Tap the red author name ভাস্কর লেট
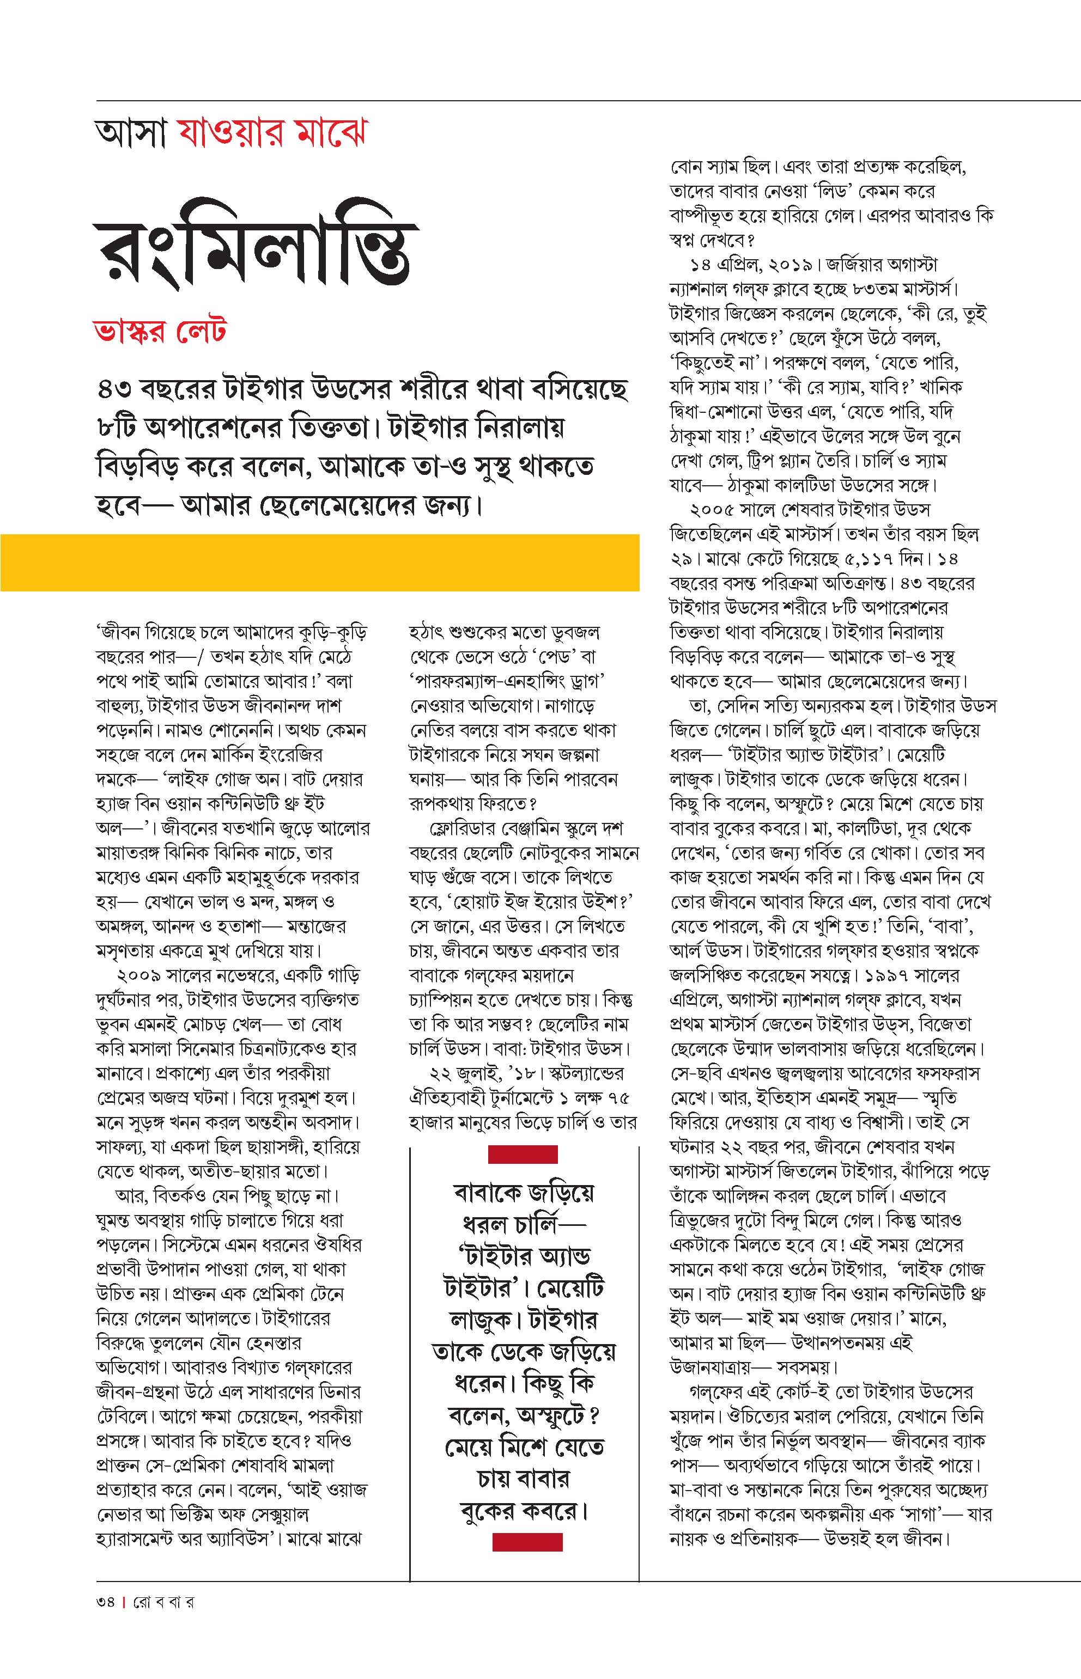click(x=161, y=331)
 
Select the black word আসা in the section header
click(x=132, y=132)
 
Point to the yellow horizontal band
click(x=319, y=562)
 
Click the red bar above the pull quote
click(x=523, y=1154)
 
